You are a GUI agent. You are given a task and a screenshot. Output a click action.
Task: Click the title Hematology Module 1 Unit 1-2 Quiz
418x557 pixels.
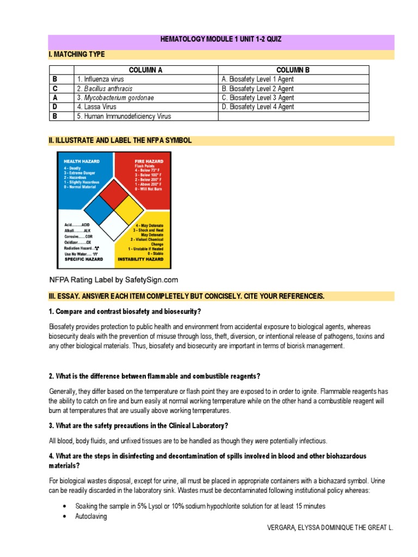click(220, 39)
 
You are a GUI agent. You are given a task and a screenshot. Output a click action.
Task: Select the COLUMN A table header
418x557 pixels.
click(145, 70)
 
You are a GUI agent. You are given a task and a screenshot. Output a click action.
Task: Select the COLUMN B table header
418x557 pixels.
click(293, 70)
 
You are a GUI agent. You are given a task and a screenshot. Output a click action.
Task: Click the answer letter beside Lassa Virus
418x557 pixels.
click(54, 107)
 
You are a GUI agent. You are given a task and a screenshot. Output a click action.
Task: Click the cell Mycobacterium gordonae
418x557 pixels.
click(115, 98)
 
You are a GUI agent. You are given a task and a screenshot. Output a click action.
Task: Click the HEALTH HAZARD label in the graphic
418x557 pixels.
click(80, 162)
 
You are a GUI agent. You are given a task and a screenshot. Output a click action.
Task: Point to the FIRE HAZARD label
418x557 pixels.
click(149, 162)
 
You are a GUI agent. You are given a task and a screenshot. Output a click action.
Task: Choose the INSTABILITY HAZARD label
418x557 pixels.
click(140, 259)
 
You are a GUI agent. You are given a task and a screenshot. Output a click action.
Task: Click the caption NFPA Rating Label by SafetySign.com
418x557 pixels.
click(114, 280)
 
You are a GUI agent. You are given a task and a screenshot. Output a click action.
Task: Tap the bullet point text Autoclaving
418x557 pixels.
click(91, 516)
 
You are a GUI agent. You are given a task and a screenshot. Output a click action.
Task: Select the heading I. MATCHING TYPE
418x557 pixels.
click(77, 54)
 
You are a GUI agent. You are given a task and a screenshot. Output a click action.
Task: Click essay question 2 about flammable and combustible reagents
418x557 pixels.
click(155, 376)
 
